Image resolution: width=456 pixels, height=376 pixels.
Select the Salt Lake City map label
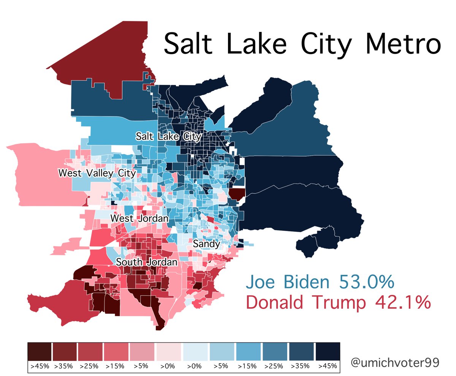(x=169, y=136)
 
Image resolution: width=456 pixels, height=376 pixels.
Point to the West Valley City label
(x=97, y=173)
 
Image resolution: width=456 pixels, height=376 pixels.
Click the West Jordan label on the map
(x=139, y=218)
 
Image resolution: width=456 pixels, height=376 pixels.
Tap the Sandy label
(x=206, y=244)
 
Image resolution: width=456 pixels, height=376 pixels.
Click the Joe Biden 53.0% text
(x=319, y=282)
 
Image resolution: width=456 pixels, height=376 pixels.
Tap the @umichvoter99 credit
(x=395, y=362)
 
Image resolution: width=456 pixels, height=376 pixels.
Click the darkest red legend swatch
(x=39, y=352)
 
